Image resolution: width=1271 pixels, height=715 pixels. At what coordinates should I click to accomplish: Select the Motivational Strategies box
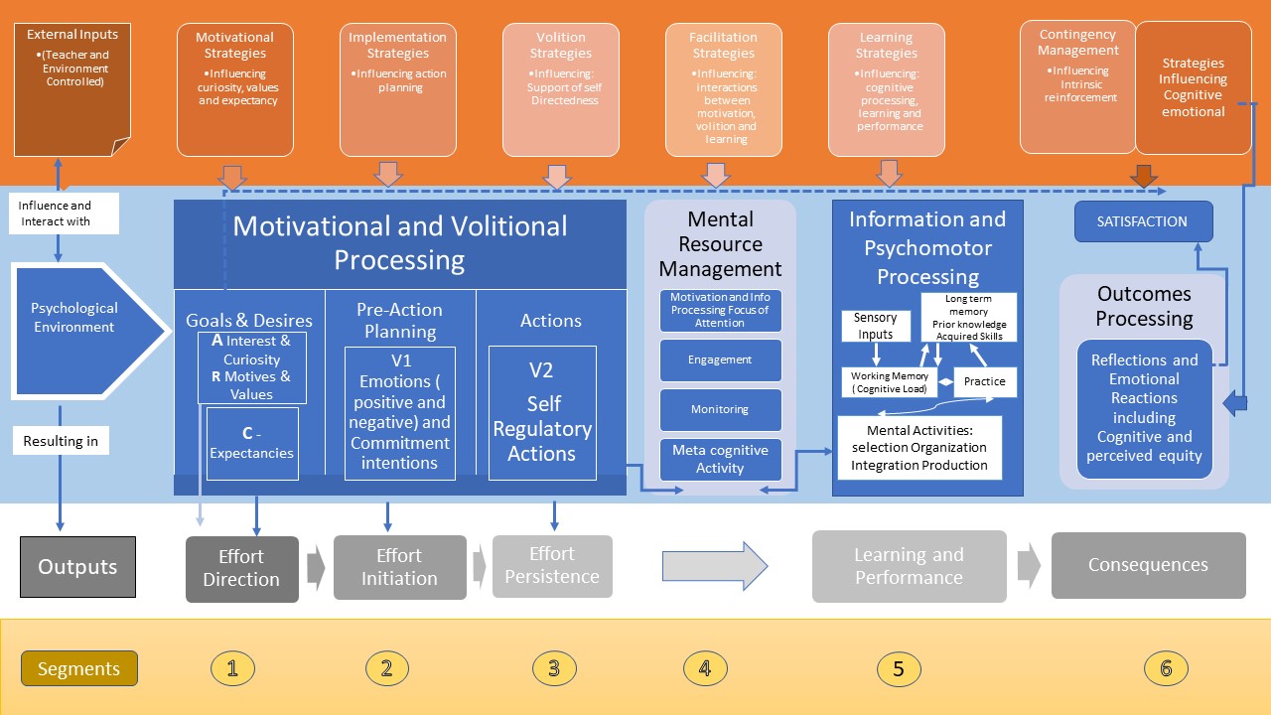[x=235, y=89]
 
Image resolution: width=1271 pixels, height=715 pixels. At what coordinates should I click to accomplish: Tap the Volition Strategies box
[x=561, y=89]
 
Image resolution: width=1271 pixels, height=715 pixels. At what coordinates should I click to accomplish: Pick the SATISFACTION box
[x=1143, y=221]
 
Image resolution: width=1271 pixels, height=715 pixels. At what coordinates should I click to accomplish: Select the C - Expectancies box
[x=252, y=443]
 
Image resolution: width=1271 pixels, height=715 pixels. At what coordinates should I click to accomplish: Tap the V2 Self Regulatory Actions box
[x=542, y=412]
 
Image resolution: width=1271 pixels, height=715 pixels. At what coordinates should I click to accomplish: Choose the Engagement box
[x=720, y=359]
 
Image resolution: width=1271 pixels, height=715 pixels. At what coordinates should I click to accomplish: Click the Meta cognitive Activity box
[x=720, y=459]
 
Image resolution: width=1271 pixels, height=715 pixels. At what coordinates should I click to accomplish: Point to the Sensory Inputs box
[x=875, y=326]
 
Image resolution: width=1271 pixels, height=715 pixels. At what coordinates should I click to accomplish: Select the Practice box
[x=984, y=381]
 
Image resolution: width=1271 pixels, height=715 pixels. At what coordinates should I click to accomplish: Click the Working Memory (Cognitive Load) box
[x=890, y=382]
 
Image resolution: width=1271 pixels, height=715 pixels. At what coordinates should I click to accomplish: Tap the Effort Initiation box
[x=399, y=567]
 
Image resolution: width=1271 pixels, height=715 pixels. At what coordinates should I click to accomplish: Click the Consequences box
[x=1148, y=565]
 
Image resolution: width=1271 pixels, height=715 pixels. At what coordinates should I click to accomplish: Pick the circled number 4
[x=705, y=668]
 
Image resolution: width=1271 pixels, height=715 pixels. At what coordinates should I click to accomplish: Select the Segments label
[x=78, y=668]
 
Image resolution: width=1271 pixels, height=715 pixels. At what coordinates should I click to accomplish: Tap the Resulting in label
[x=61, y=441]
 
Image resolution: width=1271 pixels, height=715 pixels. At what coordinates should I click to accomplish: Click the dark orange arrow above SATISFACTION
[x=1144, y=176]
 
